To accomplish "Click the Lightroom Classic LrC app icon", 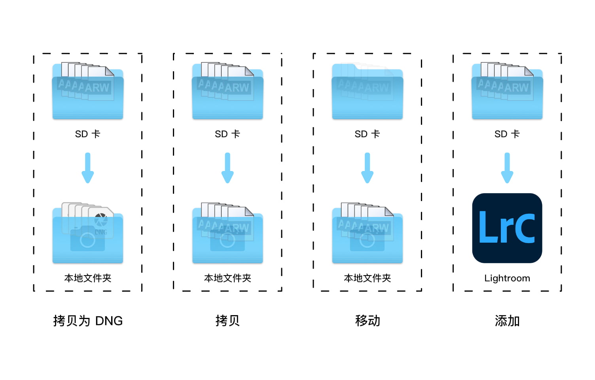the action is pyautogui.click(x=507, y=228).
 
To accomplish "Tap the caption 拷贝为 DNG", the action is pyautogui.click(x=88, y=321).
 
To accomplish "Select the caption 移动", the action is pyautogui.click(x=368, y=321).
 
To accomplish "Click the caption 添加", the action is pyautogui.click(x=507, y=321).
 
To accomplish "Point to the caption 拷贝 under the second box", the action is pyautogui.click(x=227, y=321).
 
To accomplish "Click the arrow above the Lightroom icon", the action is pyautogui.click(x=507, y=168).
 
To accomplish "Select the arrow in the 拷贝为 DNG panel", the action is pyautogui.click(x=88, y=168).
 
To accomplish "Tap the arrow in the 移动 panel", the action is pyautogui.click(x=368, y=168).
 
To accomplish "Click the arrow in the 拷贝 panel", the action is pyautogui.click(x=227, y=168).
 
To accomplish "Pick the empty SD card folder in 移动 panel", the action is pyautogui.click(x=368, y=91).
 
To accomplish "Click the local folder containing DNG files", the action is pyautogui.click(x=88, y=233).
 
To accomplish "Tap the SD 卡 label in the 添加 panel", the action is pyautogui.click(x=507, y=134).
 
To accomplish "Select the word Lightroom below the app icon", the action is pyautogui.click(x=507, y=278).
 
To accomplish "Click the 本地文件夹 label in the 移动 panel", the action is pyautogui.click(x=368, y=278).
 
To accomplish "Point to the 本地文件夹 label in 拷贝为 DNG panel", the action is pyautogui.click(x=88, y=278).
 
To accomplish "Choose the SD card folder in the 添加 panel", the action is pyautogui.click(x=507, y=91).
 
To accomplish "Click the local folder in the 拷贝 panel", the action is pyautogui.click(x=227, y=233).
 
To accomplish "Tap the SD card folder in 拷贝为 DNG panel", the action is pyautogui.click(x=88, y=91).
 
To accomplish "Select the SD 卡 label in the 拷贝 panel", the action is pyautogui.click(x=227, y=134).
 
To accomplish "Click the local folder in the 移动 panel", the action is pyautogui.click(x=368, y=233).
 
